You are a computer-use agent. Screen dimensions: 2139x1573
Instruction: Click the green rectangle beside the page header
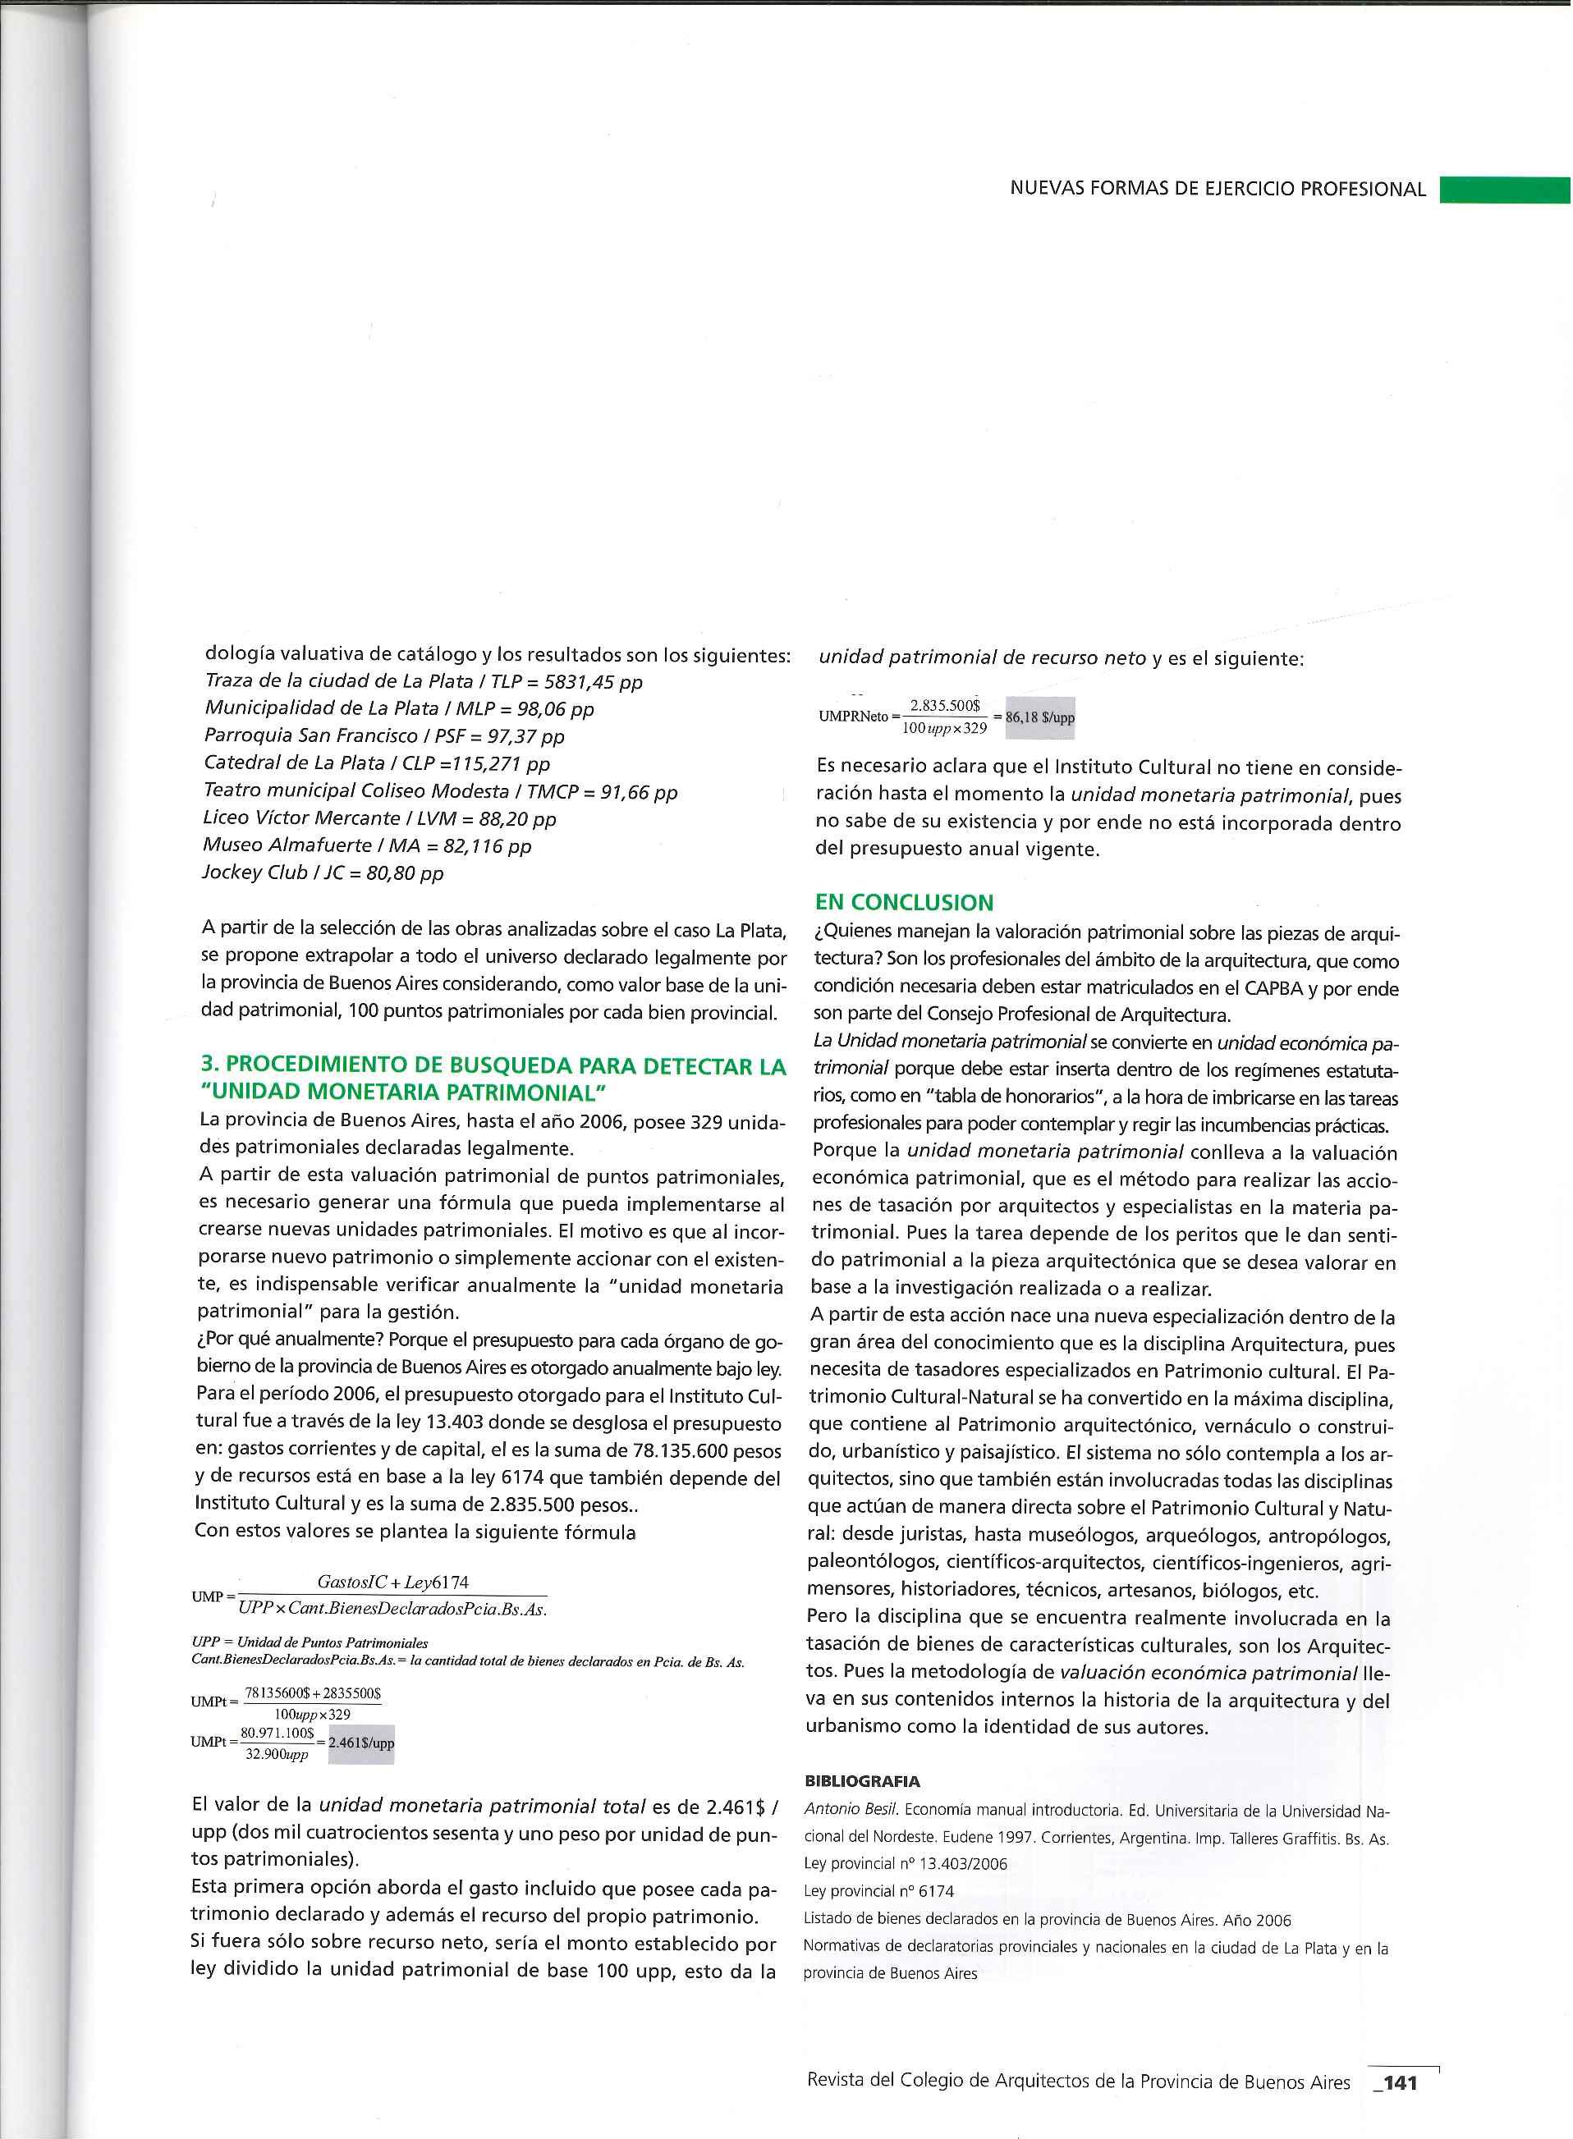click(x=1504, y=190)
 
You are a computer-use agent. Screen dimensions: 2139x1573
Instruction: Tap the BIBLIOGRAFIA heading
click(x=862, y=1780)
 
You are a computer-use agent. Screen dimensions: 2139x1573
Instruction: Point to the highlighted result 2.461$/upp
click(x=361, y=1743)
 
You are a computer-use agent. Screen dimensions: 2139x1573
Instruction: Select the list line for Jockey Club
click(x=323, y=873)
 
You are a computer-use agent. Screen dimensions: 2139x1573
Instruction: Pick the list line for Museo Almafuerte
click(x=367, y=845)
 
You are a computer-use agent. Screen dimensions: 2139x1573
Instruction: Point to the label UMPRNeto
click(x=852, y=717)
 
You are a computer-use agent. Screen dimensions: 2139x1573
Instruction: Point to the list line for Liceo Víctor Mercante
click(x=379, y=818)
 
